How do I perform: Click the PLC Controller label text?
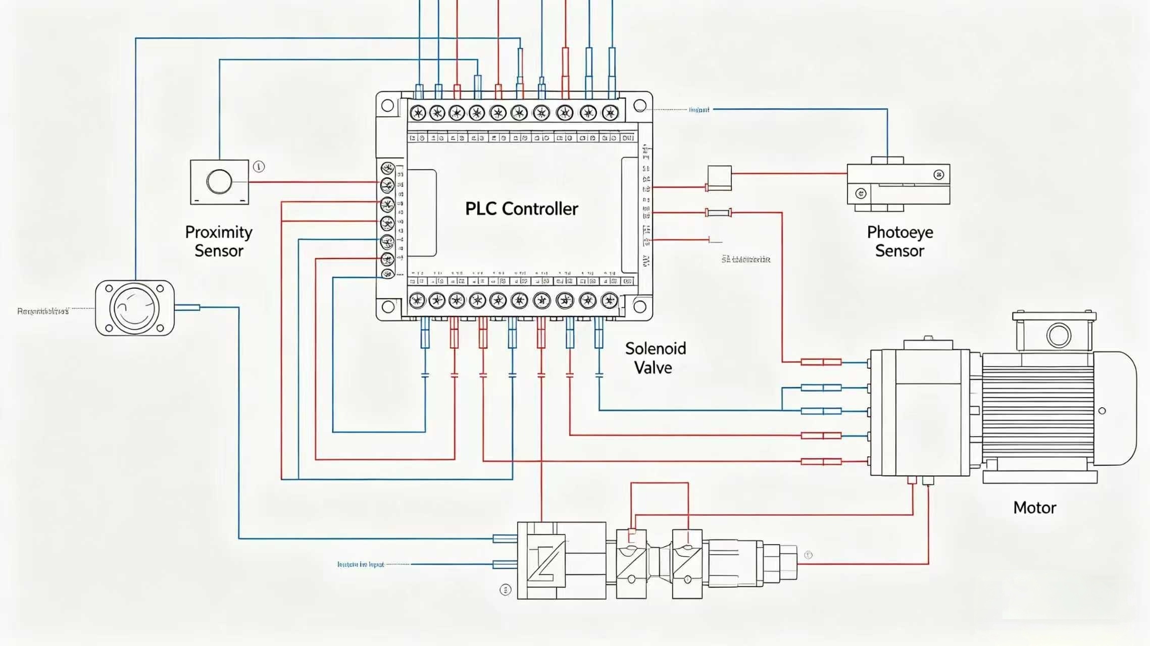(x=521, y=209)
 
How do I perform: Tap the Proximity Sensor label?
(x=219, y=241)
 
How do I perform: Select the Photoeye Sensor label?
(x=899, y=241)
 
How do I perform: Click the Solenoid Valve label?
(x=655, y=358)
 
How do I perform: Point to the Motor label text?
(x=1034, y=507)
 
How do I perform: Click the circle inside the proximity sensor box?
(x=219, y=182)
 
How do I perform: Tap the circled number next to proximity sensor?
(x=259, y=167)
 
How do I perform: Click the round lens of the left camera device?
(x=134, y=308)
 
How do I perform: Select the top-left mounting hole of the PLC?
(x=387, y=105)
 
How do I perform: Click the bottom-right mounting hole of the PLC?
(x=639, y=306)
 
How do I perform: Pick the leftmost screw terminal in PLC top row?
(x=418, y=113)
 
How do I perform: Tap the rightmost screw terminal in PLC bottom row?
(x=610, y=301)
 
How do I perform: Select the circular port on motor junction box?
(x=1058, y=335)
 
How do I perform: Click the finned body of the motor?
(x=1038, y=411)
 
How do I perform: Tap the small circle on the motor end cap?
(x=1102, y=411)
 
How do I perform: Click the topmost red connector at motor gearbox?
(x=821, y=362)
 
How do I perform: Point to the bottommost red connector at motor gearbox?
(x=821, y=461)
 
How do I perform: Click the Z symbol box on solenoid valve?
(x=546, y=560)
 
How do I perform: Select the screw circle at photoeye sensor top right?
(x=938, y=175)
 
